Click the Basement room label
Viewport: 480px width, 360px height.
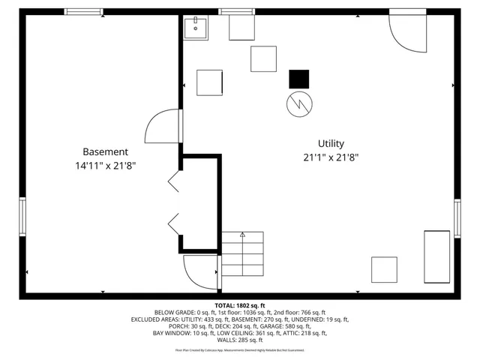point(105,151)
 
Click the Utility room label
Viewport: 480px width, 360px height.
point(331,143)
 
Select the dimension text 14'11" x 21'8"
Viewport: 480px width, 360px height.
point(105,166)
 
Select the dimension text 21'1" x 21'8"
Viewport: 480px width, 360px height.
point(331,158)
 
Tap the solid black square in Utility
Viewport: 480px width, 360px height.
point(299,79)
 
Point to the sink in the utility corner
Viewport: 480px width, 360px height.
point(196,28)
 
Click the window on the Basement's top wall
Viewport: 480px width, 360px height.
point(83,12)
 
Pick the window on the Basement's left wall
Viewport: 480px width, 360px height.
point(22,216)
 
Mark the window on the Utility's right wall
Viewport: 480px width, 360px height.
point(457,218)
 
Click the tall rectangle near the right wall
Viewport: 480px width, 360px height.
point(436,256)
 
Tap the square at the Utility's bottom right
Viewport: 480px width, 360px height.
point(384,269)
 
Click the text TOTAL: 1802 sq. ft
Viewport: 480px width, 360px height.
point(239,306)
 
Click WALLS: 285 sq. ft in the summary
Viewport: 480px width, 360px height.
point(239,340)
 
